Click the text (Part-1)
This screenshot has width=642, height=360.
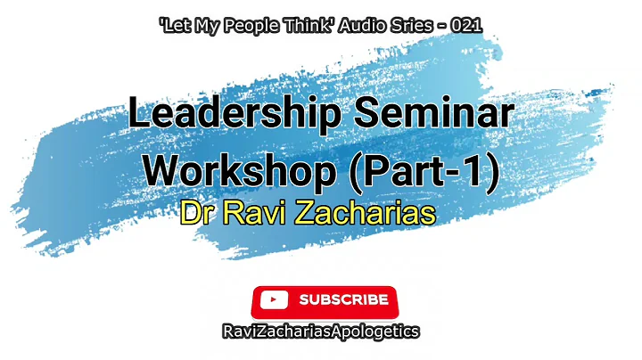419,170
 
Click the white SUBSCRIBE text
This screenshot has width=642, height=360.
343,300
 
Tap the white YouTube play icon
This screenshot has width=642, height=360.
275,300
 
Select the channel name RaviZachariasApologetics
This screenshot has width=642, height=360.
321,331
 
